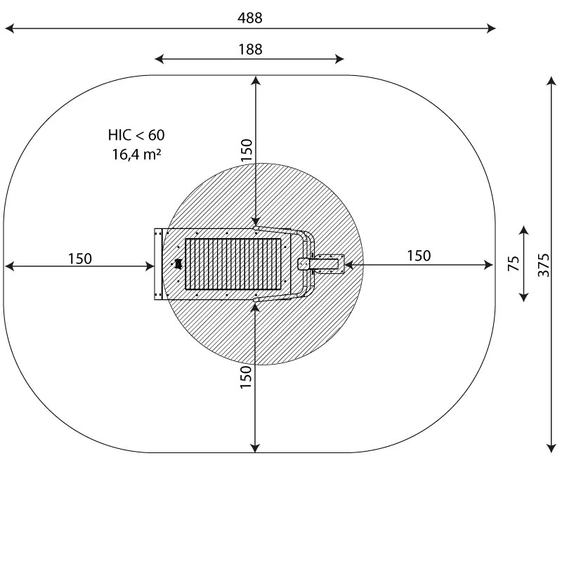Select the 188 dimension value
coord(250,49)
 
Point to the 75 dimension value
coord(514,263)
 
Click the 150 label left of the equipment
coord(80,259)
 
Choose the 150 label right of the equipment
coord(419,256)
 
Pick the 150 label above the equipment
coord(247,150)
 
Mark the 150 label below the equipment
coord(245,377)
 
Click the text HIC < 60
coord(136,135)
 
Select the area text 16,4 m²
coord(136,155)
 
